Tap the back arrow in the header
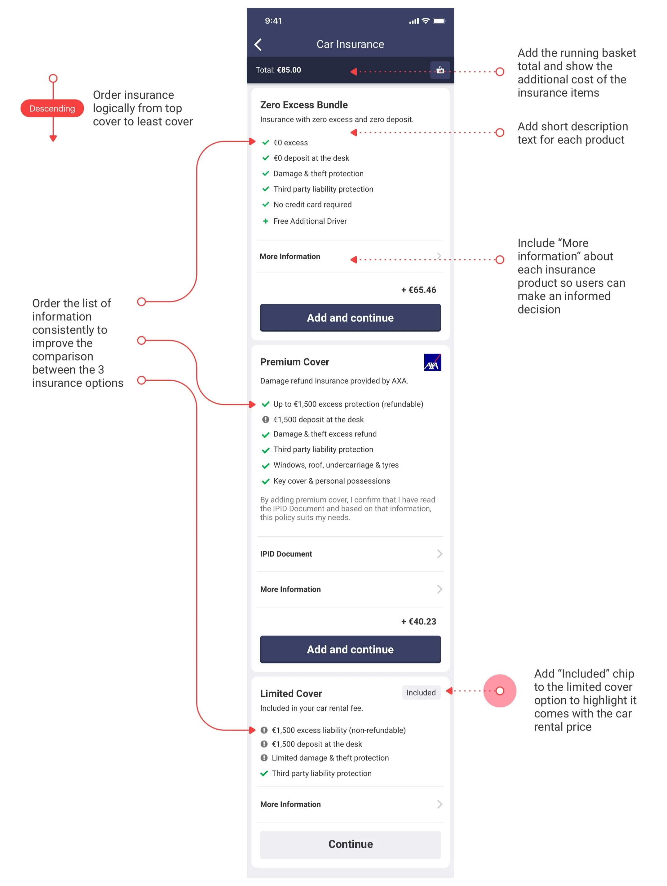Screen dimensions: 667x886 coord(258,44)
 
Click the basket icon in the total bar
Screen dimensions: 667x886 coord(440,70)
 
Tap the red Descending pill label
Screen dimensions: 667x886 coord(52,109)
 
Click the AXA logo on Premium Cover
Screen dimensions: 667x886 coord(433,362)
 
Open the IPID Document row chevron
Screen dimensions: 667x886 coord(440,554)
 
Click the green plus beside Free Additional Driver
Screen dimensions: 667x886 coord(266,221)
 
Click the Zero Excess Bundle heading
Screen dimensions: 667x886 coord(304,105)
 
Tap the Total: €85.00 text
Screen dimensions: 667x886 coord(278,70)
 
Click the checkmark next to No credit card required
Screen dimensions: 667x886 coord(266,205)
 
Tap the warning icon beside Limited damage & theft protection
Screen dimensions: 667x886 coord(264,758)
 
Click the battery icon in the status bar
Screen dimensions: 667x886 coord(439,21)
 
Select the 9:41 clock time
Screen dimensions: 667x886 coord(274,21)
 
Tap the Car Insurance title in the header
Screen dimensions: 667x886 coord(351,44)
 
